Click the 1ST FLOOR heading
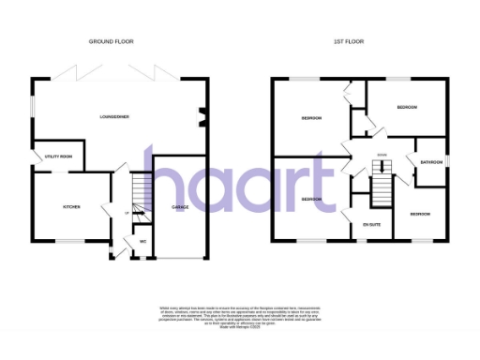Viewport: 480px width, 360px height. coord(348,42)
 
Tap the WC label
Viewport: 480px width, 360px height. coord(143,242)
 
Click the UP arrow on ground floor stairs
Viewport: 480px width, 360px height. coord(127,211)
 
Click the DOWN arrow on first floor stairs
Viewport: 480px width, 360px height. coord(382,157)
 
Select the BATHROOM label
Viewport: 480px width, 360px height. coord(431,162)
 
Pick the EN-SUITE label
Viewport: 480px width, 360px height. coord(372,225)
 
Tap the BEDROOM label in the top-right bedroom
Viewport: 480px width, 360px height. coord(407,108)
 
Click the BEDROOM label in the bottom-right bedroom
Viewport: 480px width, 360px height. coord(420,215)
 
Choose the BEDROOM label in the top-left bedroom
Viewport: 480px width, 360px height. coord(310,118)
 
